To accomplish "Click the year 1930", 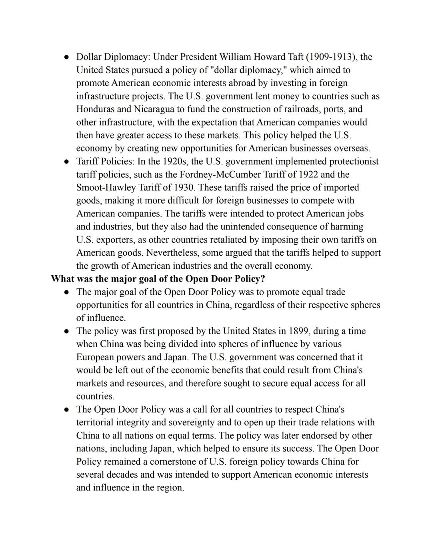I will tap(184, 188).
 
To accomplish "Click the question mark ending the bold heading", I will tap(263, 279).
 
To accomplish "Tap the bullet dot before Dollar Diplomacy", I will tap(66, 58).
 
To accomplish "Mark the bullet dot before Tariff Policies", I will tap(66, 162).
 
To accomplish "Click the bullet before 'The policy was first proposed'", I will tap(66, 332).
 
